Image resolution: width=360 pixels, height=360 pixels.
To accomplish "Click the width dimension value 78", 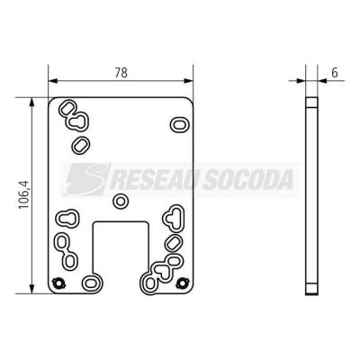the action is point(121,73).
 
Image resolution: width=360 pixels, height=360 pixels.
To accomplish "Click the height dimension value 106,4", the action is point(23,194).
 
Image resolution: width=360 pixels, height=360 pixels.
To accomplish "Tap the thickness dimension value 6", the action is point(335,73).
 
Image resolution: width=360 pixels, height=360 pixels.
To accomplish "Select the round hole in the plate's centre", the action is point(121,202).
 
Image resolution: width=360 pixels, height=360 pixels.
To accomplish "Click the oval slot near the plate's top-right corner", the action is point(180,124).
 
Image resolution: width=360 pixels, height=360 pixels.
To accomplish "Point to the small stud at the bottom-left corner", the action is point(58,283).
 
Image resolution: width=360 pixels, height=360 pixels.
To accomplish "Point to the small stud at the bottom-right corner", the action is point(182,283).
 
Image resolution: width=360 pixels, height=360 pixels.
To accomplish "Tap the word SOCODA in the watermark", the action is point(247,180).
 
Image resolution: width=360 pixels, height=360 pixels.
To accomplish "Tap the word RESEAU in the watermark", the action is point(154,180).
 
